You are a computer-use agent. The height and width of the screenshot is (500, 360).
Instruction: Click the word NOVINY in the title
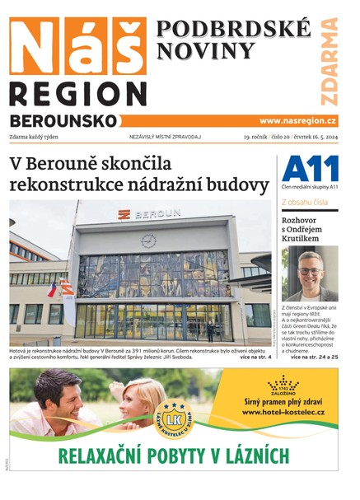tap(205, 52)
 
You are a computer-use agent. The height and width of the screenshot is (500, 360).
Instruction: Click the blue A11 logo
tap(310, 170)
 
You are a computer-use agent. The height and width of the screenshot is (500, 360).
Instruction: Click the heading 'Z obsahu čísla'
tap(305, 201)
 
